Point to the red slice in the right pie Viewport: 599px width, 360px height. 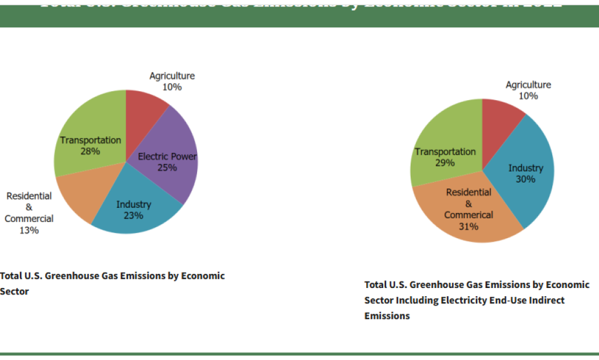(x=500, y=117)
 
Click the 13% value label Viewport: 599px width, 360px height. (x=29, y=231)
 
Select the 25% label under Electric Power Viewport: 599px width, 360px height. (x=167, y=167)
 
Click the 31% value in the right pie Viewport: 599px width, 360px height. (x=469, y=227)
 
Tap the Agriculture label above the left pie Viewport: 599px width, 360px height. (x=172, y=76)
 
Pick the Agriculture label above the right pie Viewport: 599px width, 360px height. (x=528, y=85)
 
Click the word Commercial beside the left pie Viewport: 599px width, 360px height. (x=29, y=219)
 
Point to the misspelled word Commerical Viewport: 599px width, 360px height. (x=469, y=215)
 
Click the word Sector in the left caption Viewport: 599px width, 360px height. (x=15, y=291)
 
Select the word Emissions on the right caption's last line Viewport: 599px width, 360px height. (x=387, y=316)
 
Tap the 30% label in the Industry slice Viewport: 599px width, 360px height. (x=525, y=179)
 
